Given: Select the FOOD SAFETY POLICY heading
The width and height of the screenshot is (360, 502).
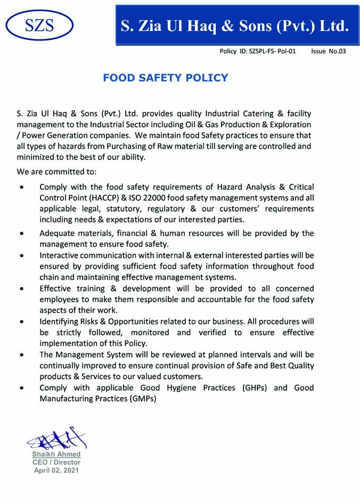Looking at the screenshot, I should [x=165, y=78].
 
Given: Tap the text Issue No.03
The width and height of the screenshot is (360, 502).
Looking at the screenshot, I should [x=329, y=52].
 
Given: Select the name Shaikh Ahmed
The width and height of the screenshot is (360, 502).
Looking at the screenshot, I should [x=56, y=454].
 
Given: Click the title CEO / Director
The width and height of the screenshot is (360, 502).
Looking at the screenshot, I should [x=56, y=462].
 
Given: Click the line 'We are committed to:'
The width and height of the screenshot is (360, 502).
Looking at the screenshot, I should [x=57, y=172].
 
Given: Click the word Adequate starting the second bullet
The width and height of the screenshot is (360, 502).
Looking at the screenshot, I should [x=58, y=233].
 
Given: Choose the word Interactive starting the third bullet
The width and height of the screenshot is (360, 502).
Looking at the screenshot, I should [x=61, y=256].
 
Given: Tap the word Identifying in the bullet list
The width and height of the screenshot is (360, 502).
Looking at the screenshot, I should [x=61, y=321].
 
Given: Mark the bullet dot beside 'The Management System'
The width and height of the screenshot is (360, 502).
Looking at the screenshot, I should [x=21, y=354].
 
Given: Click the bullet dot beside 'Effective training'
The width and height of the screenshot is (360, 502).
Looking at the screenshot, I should [x=21, y=289].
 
